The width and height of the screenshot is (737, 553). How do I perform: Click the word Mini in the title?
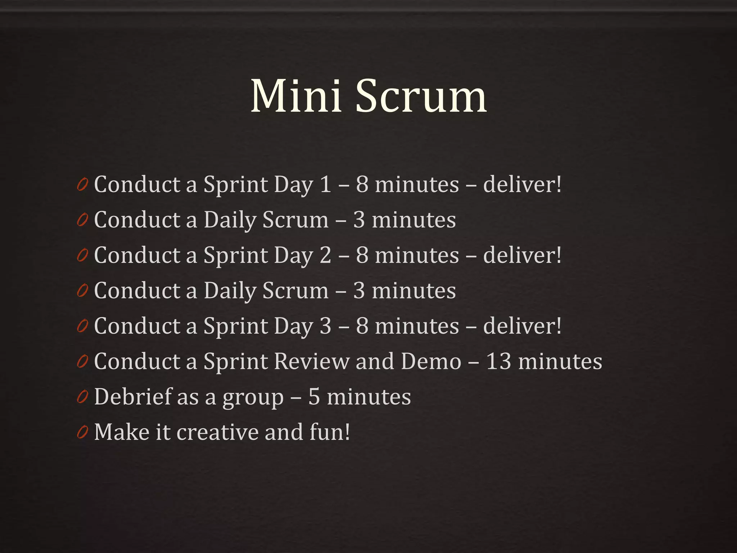pos(296,96)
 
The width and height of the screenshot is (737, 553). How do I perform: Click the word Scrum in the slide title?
pos(421,97)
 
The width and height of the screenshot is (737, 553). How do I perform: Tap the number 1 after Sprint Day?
pos(325,185)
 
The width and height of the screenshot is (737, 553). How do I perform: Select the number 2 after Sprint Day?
pos(325,255)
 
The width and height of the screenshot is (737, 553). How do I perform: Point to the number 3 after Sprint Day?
pos(325,326)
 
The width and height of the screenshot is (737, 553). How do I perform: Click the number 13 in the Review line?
pos(498,361)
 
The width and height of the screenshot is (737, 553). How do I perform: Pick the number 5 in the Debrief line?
pos(314,397)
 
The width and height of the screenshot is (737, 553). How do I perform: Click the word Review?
pos(312,361)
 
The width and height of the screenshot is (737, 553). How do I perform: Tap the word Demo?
pos(431,361)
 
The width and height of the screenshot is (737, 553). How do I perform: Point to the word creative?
pos(217,432)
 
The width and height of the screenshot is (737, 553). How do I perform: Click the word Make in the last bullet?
pos(122,432)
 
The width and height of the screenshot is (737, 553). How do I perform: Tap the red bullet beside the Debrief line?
pos(82,397)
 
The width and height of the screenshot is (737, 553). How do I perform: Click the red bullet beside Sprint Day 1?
pos(82,185)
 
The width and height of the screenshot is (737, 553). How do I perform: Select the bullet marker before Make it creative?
pos(82,433)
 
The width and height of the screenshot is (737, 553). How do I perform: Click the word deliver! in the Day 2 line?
pos(522,255)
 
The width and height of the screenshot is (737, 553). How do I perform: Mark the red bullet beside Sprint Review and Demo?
pos(82,362)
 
